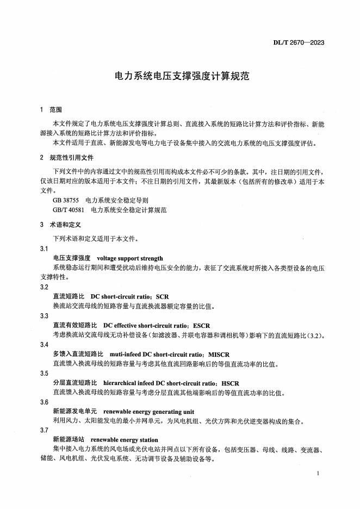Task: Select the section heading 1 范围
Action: pyautogui.click(x=52, y=109)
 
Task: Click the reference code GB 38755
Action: pyautogui.click(x=65, y=200)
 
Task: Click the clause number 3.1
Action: pyautogui.click(x=44, y=248)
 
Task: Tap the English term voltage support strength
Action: pyautogui.click(x=129, y=258)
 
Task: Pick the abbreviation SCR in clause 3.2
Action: pyautogui.click(x=162, y=296)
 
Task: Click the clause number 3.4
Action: pyautogui.click(x=44, y=344)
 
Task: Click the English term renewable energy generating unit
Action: pyautogui.click(x=148, y=412)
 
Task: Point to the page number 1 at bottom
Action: pyautogui.click(x=317, y=474)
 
